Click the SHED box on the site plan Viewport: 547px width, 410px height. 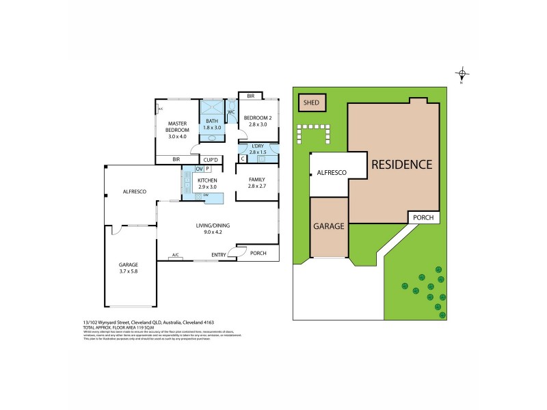point(312,102)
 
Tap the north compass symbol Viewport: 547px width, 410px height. point(463,74)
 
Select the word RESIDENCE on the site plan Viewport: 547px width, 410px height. point(402,164)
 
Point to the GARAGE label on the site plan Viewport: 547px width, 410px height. point(329,226)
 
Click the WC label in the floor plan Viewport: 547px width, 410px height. point(231,111)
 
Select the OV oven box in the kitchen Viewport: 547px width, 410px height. point(199,169)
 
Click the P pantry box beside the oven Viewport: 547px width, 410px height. point(207,169)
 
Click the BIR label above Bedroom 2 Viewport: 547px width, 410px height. point(250,96)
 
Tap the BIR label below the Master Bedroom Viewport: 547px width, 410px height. point(176,160)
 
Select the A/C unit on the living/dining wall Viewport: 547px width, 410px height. point(176,256)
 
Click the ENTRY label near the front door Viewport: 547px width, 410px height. point(219,255)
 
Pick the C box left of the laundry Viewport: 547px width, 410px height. point(242,159)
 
